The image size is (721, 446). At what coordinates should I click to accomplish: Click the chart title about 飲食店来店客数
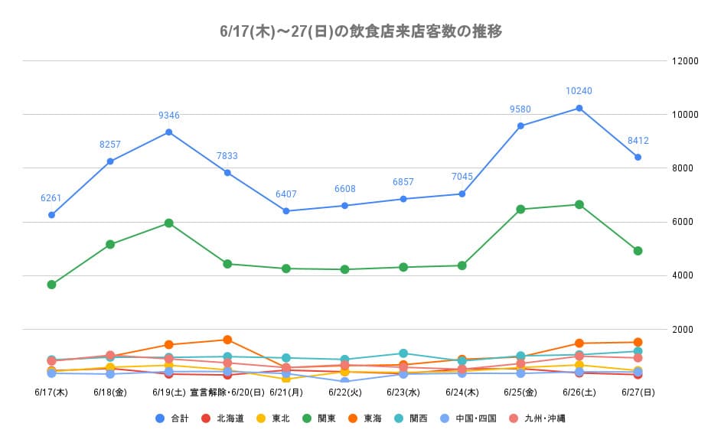(360, 31)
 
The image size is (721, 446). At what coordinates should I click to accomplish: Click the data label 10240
(579, 91)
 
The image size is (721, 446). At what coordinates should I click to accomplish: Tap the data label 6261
(51, 198)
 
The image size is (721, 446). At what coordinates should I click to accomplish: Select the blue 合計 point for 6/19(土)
(169, 132)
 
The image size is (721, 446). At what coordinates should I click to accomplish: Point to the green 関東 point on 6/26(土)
(579, 204)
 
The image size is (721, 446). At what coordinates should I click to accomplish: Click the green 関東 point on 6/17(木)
(51, 285)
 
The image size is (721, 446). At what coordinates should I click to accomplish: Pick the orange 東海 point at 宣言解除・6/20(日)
(227, 340)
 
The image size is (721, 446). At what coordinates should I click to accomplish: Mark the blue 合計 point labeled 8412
(638, 157)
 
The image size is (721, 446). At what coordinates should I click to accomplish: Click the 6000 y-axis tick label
(683, 222)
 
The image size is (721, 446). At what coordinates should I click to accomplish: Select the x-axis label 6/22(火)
(344, 392)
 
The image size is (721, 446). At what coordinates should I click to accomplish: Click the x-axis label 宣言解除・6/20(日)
(227, 392)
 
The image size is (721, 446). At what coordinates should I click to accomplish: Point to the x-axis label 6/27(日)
(638, 392)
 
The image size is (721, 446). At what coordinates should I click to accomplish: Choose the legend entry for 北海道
(223, 418)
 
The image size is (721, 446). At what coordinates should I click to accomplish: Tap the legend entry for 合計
(172, 418)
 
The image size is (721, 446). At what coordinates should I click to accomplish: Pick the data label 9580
(520, 109)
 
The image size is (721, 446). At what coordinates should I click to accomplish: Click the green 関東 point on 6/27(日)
(638, 251)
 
